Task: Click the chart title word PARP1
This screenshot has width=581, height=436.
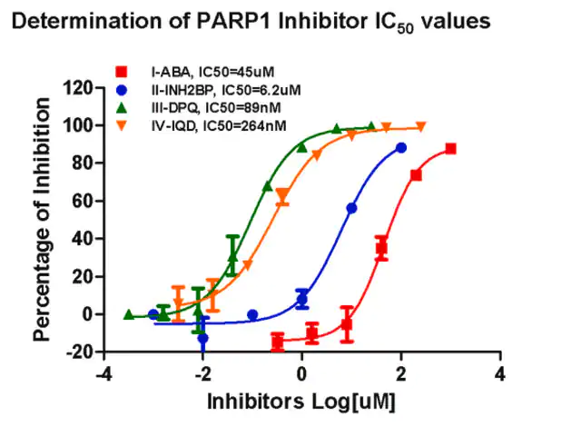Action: coord(234,21)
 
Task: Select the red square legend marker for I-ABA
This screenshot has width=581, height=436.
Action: coord(122,72)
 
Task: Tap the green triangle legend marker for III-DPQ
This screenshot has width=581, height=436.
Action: coord(122,107)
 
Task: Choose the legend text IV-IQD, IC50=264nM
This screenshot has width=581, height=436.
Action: coord(219,126)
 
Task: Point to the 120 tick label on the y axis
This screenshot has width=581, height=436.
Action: coord(77,88)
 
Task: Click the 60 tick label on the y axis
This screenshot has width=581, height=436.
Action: coord(83,202)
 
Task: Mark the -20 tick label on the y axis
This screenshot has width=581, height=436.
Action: coord(79,352)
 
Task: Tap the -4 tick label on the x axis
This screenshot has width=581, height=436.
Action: coord(103,374)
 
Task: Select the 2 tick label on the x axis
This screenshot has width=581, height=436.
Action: coord(401,374)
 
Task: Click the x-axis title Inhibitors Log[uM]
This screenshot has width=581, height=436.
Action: coord(301,401)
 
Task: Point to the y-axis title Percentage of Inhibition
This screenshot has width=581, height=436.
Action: coord(41,219)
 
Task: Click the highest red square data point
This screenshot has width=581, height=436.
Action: coord(450,149)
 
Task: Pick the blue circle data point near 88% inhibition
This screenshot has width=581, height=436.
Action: coord(401,148)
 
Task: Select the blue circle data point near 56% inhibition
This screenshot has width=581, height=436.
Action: coord(351,208)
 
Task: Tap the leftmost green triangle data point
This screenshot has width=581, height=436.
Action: coord(129,314)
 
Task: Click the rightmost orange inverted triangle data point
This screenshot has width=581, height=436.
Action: coord(421,127)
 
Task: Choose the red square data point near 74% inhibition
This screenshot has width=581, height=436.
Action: coord(416,175)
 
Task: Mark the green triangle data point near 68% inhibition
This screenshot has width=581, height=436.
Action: coord(268,186)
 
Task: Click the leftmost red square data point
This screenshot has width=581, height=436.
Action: coord(278,341)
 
